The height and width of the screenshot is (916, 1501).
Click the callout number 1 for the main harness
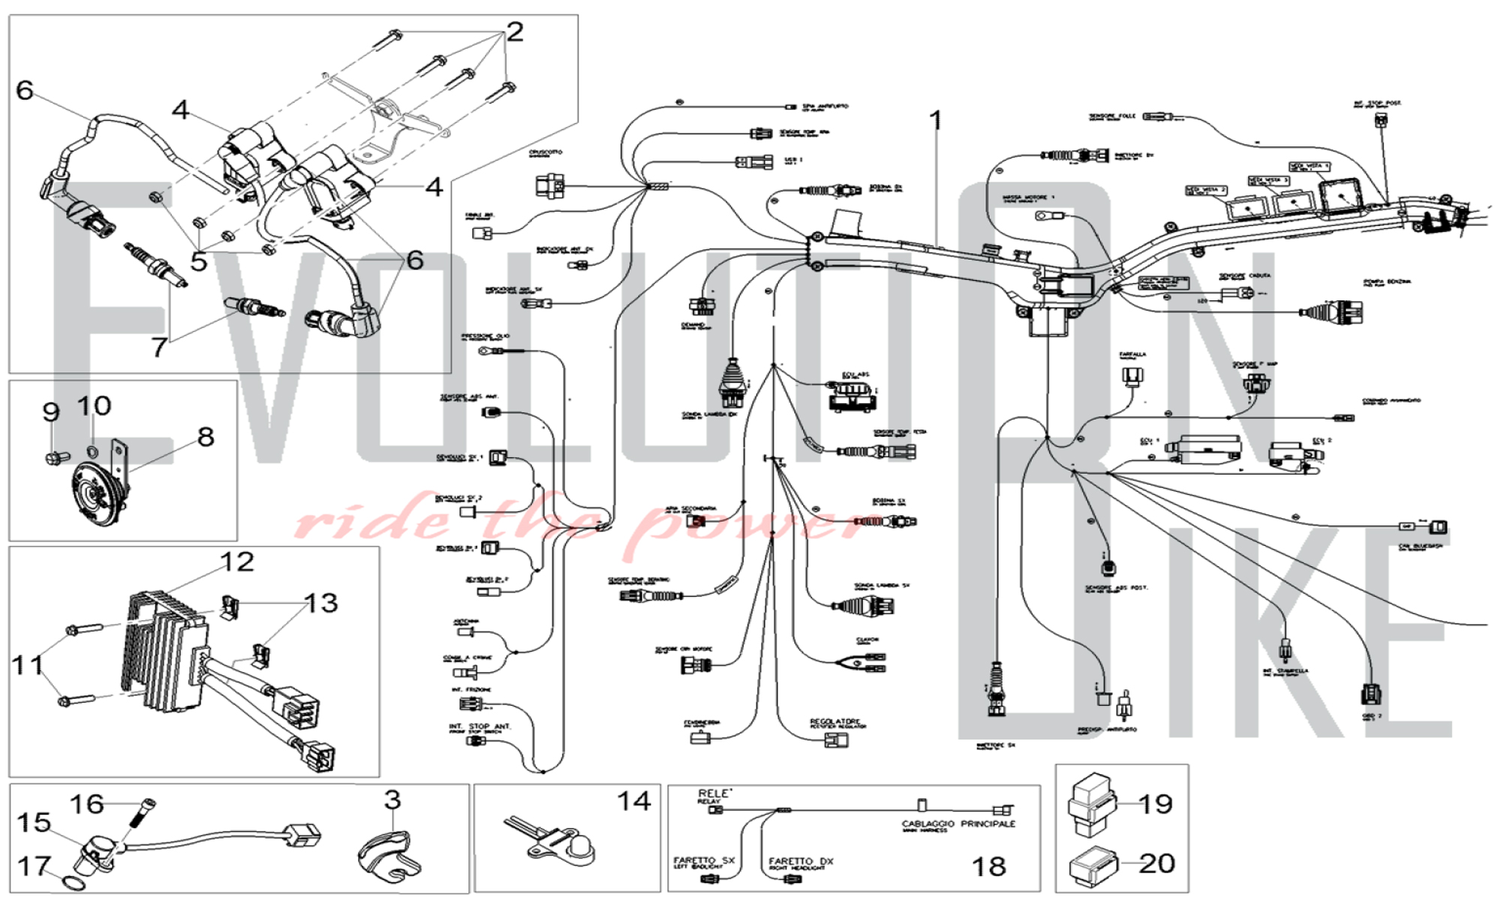pyautogui.click(x=935, y=120)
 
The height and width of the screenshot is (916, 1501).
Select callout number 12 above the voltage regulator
pyautogui.click(x=236, y=562)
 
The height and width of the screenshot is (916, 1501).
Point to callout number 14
pyautogui.click(x=633, y=801)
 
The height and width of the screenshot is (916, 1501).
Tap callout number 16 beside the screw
pyautogui.click(x=86, y=804)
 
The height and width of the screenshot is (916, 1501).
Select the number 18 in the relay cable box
pyautogui.click(x=988, y=866)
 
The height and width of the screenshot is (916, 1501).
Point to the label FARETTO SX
pyautogui.click(x=704, y=860)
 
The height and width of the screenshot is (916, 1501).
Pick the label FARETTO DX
pyautogui.click(x=801, y=861)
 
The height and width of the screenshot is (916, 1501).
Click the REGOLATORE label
pyautogui.click(x=835, y=722)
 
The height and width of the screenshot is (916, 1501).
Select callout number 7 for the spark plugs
pyautogui.click(x=158, y=347)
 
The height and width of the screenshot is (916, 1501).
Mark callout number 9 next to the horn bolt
pyautogui.click(x=51, y=412)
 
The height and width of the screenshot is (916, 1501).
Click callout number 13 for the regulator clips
pyautogui.click(x=321, y=603)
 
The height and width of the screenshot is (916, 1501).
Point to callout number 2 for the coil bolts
pyautogui.click(x=514, y=32)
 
